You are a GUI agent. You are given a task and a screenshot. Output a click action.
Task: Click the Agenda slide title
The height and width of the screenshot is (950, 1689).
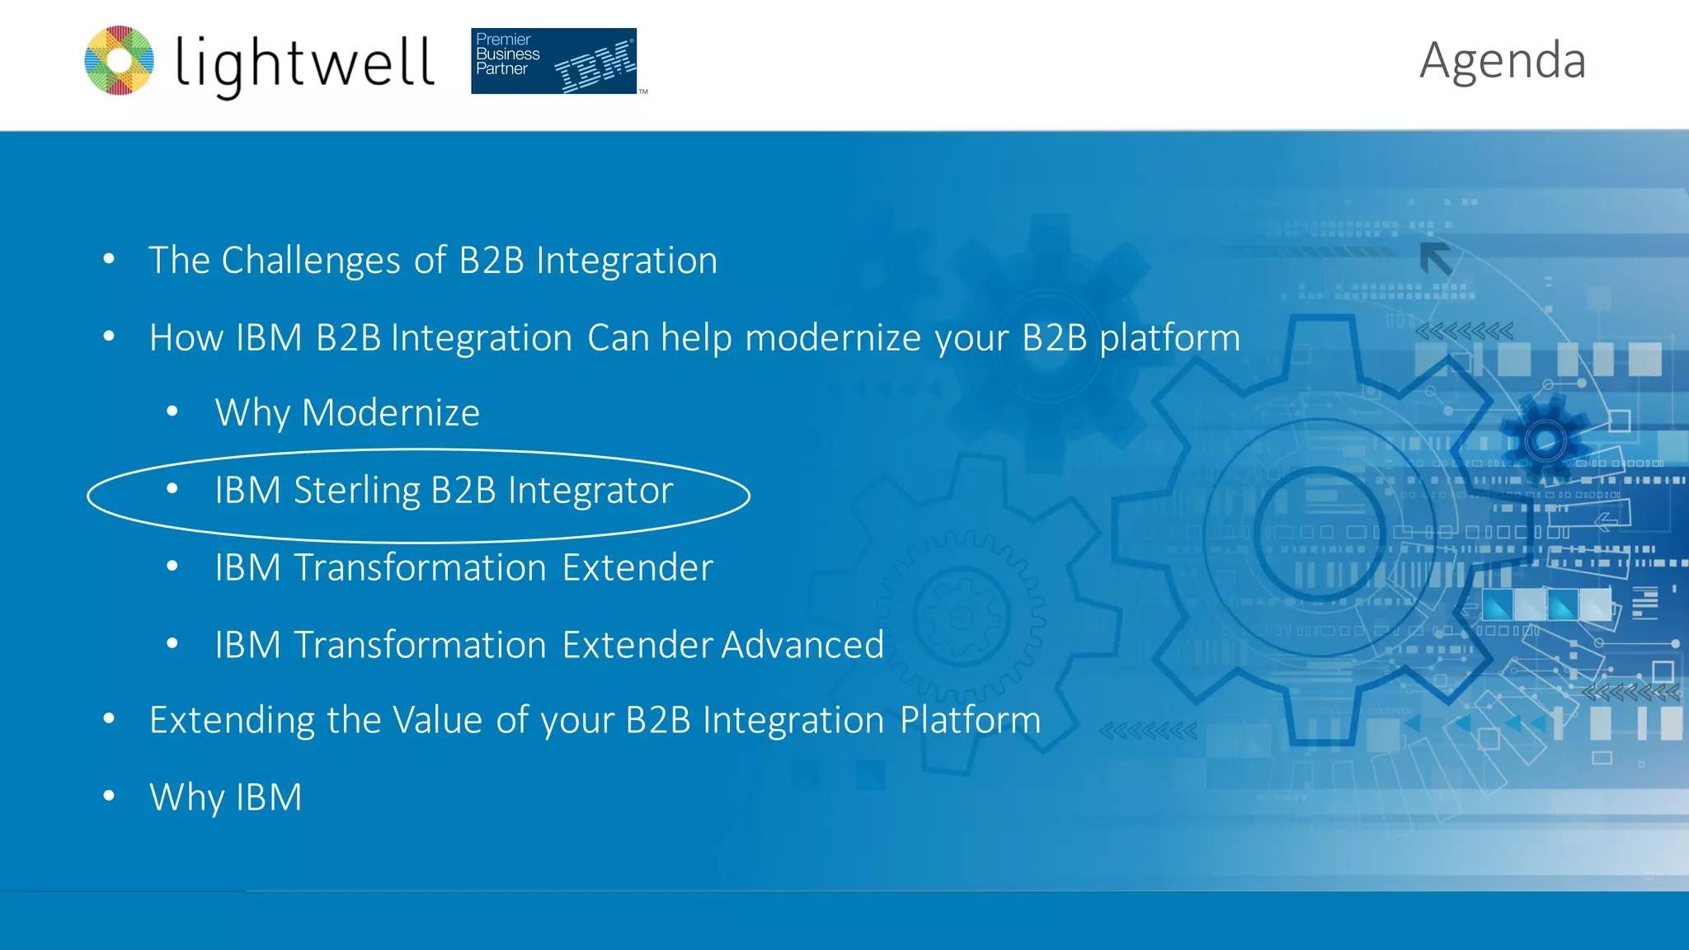(1502, 61)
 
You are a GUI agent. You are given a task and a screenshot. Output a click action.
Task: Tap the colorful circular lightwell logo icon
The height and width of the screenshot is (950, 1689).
(120, 60)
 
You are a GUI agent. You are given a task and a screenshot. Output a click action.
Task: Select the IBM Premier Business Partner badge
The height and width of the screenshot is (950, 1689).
(553, 61)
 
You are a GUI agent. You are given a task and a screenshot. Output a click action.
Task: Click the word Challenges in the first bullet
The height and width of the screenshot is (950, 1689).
(311, 261)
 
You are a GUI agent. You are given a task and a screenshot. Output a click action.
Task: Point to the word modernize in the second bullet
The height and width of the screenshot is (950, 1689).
(833, 338)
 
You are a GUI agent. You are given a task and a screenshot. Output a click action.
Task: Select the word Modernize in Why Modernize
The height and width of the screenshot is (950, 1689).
(390, 412)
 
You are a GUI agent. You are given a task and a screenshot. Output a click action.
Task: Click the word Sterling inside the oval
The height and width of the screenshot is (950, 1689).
(356, 491)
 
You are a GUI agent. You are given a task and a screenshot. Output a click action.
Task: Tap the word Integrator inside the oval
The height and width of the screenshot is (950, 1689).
(590, 491)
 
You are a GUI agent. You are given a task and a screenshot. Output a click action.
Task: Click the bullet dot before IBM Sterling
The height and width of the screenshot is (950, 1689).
(172, 489)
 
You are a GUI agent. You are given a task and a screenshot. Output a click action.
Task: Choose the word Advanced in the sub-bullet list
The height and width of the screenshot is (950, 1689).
(802, 645)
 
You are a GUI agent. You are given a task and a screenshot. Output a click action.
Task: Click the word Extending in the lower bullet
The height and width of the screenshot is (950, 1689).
(232, 721)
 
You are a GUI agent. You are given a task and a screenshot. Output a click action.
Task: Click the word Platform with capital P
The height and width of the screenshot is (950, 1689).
(970, 720)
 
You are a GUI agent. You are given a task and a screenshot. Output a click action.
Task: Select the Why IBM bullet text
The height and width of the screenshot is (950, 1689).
(225, 797)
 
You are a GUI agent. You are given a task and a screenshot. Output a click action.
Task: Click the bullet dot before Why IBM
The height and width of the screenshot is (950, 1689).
(109, 796)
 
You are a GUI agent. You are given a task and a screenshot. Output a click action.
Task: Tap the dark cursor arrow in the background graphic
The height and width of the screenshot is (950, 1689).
(1436, 259)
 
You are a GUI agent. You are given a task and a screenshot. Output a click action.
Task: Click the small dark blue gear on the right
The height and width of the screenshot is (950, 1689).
(1545, 440)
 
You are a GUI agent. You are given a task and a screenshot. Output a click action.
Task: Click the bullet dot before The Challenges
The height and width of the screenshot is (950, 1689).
(109, 259)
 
